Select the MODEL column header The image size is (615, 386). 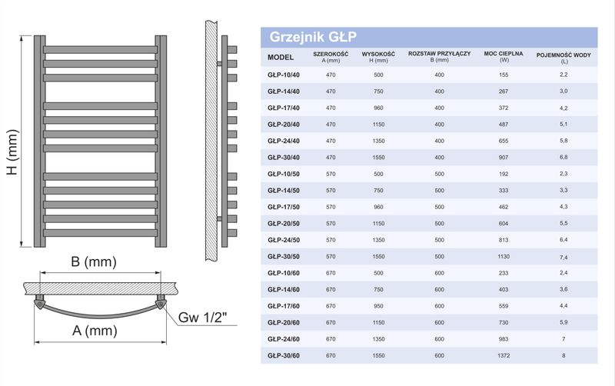[x=281, y=57]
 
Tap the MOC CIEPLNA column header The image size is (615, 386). [x=504, y=57]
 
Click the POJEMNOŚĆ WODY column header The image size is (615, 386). [x=564, y=57]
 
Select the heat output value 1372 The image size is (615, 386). [x=504, y=355]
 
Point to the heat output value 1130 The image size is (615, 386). [x=504, y=256]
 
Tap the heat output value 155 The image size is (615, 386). [x=504, y=74]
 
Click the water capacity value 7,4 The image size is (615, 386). [x=564, y=256]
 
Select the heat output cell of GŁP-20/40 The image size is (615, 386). [x=504, y=124]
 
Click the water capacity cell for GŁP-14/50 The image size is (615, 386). [x=564, y=189]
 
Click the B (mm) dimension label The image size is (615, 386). [x=92, y=261]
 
